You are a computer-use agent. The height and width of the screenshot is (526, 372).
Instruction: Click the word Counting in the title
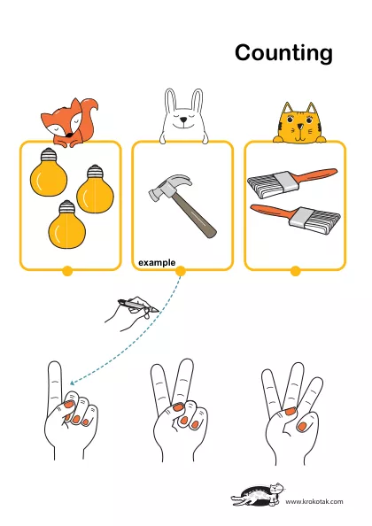click(x=283, y=53)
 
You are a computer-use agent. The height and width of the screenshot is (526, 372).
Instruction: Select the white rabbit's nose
click(x=182, y=120)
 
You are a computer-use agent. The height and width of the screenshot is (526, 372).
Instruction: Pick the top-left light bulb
click(x=49, y=172)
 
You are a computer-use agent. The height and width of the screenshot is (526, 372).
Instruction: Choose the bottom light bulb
click(x=67, y=224)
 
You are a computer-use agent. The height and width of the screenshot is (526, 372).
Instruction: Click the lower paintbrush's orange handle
click(x=273, y=212)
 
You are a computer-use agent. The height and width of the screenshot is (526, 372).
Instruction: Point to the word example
click(x=157, y=263)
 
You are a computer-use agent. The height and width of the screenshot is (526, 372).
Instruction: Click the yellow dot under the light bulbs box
click(x=67, y=271)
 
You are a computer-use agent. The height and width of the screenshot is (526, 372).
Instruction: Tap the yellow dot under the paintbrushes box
click(x=295, y=271)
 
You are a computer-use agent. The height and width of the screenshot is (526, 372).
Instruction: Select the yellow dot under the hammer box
click(x=181, y=271)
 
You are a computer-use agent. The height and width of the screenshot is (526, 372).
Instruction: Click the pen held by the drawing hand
click(x=138, y=305)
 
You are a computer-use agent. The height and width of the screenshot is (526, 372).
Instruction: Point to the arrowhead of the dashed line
click(x=73, y=383)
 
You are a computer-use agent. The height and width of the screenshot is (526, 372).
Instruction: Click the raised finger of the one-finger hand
click(x=55, y=380)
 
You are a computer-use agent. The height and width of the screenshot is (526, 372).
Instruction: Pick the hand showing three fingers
click(x=291, y=414)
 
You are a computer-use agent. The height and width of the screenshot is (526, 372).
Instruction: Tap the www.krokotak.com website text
click(x=314, y=501)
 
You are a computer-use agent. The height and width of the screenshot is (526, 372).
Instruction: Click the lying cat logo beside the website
click(x=257, y=494)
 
